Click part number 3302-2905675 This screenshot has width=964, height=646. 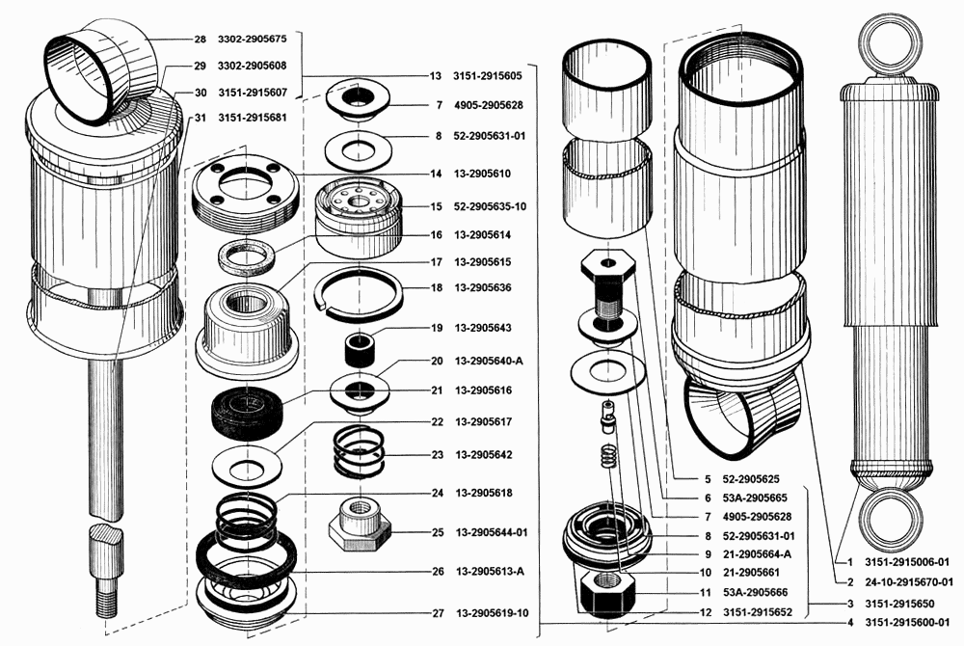click(252, 39)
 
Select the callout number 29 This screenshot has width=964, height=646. click(200, 66)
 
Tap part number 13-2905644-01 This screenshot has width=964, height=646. click(492, 532)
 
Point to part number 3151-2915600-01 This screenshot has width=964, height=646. click(907, 623)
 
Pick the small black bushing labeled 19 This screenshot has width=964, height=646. click(359, 350)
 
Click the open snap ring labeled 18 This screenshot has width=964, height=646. click(360, 294)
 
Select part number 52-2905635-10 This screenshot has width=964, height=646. click(490, 206)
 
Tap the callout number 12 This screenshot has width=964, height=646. click(706, 612)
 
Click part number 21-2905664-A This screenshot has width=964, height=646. click(757, 554)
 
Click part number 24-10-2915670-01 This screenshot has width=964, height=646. click(909, 582)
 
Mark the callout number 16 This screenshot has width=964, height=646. click(436, 235)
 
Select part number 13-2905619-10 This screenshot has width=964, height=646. click(492, 613)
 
